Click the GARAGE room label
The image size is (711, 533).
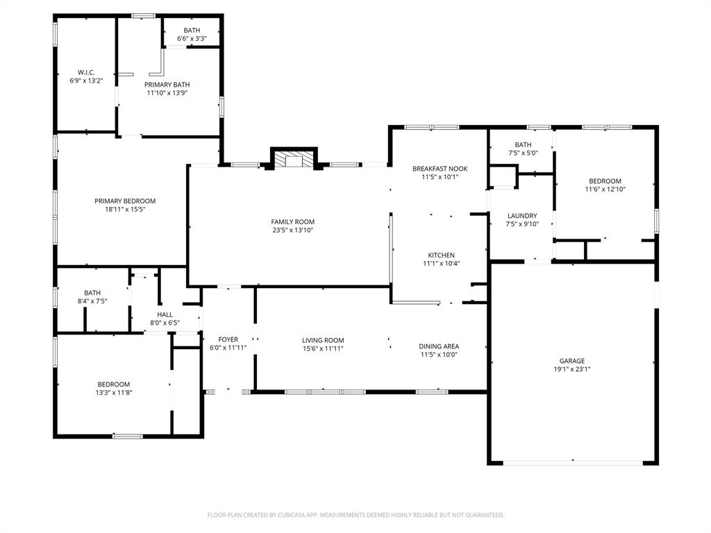pyautogui.click(x=572, y=361)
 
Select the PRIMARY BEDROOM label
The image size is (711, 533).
pyautogui.click(x=125, y=201)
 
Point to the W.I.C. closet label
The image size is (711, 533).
pyautogui.click(x=86, y=72)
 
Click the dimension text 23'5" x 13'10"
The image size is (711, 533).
pyautogui.click(x=292, y=230)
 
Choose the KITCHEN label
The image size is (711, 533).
pyautogui.click(x=442, y=255)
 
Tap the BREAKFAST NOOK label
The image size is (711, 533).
pyautogui.click(x=440, y=169)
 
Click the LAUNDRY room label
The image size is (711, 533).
pyautogui.click(x=522, y=216)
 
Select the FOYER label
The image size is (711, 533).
pyautogui.click(x=228, y=339)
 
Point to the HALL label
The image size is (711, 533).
pyautogui.click(x=165, y=314)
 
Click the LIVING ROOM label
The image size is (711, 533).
pyautogui.click(x=323, y=340)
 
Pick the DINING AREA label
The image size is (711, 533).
pyautogui.click(x=439, y=346)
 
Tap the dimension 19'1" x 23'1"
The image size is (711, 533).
pyautogui.click(x=572, y=369)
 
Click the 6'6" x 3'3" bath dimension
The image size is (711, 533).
pyautogui.click(x=192, y=39)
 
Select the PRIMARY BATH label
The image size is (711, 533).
pyautogui.click(x=167, y=85)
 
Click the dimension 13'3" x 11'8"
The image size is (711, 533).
pyautogui.click(x=114, y=392)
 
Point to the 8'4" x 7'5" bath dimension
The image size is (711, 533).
pyautogui.click(x=92, y=301)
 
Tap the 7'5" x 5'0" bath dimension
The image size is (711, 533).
pyautogui.click(x=523, y=153)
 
